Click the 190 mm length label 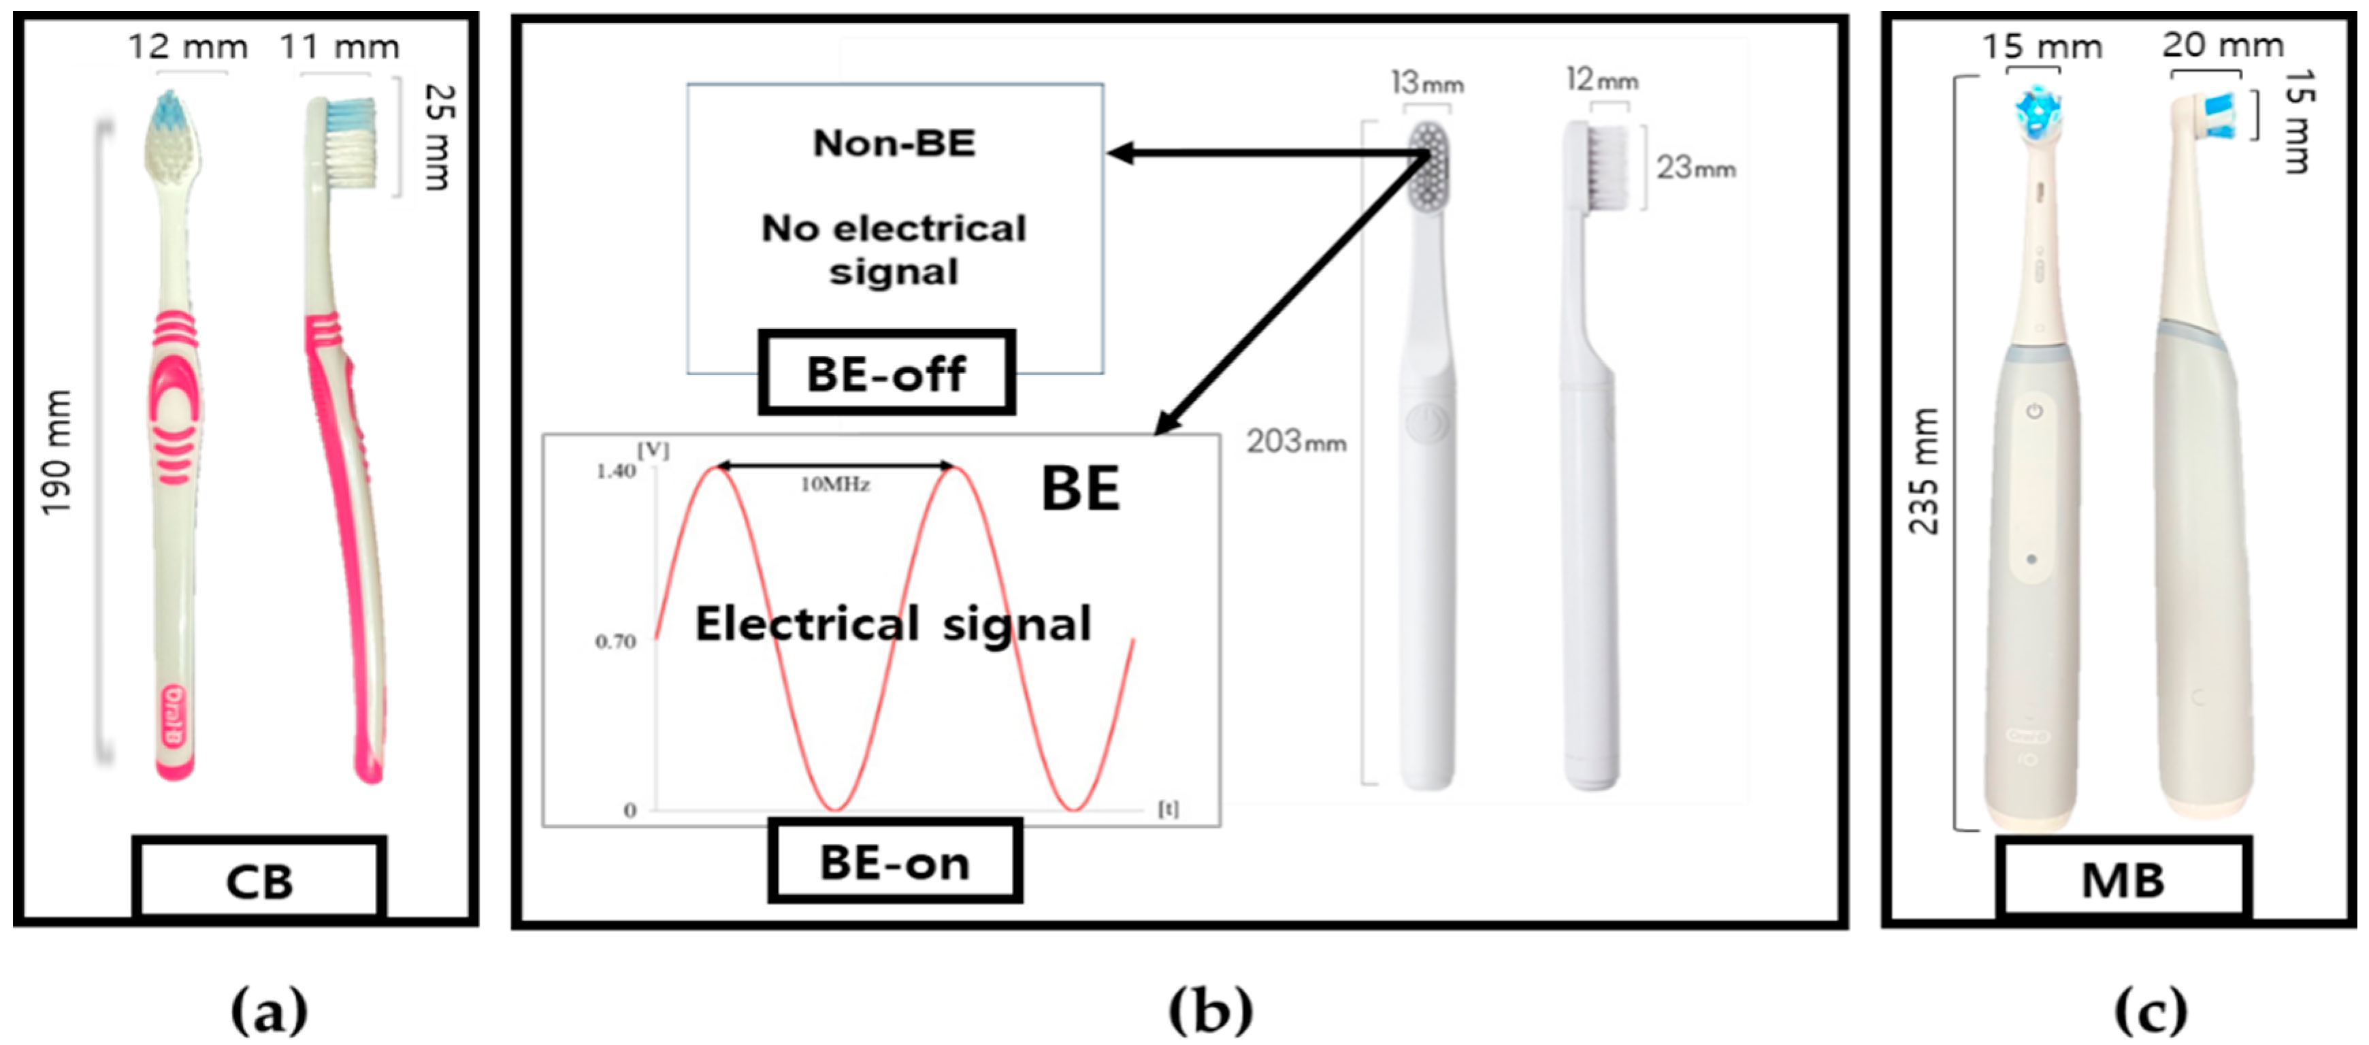point(57,453)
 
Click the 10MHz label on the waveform point(835,485)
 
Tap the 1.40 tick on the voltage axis point(615,472)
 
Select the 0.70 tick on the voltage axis point(615,641)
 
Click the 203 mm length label point(1296,443)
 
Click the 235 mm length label point(1924,471)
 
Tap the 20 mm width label point(2222,44)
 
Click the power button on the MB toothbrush point(2034,411)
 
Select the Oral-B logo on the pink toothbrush point(174,716)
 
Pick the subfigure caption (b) point(1210,1010)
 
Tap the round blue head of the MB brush point(2036,111)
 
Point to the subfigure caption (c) point(2150,1010)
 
